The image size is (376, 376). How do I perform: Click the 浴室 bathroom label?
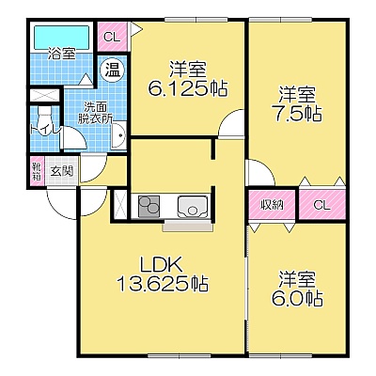[x=62, y=54]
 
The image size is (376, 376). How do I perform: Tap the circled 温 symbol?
[x=113, y=70]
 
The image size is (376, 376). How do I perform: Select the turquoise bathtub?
[x=62, y=37]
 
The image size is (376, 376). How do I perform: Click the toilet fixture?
[x=43, y=118]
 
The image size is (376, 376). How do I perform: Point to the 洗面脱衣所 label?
[x=95, y=113]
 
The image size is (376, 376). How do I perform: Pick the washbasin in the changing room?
[x=118, y=135]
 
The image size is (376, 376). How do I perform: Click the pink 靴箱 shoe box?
[x=37, y=171]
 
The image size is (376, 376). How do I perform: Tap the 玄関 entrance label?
[x=62, y=171]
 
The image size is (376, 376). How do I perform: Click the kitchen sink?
[x=193, y=206]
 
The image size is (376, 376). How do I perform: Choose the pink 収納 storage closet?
[x=273, y=205]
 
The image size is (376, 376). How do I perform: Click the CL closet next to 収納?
[x=322, y=205]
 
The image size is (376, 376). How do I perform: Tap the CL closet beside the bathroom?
[x=112, y=37]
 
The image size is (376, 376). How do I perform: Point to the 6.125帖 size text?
[x=188, y=88]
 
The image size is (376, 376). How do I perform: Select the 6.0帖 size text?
[x=297, y=299]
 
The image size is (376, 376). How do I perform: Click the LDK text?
[x=161, y=265]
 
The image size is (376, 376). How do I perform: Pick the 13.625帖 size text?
[x=163, y=284]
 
